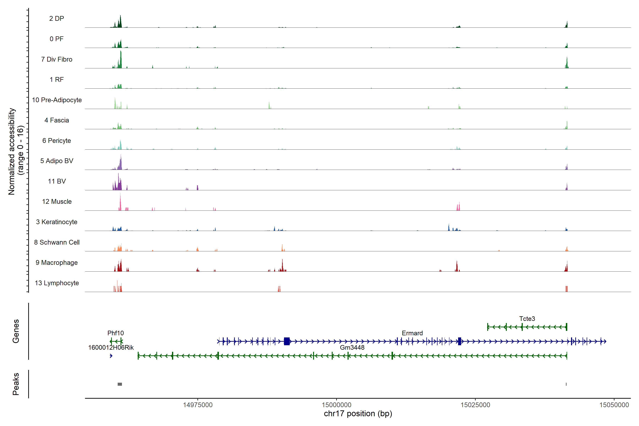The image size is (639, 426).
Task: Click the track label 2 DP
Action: click(56, 18)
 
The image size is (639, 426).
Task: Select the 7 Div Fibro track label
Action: click(56, 59)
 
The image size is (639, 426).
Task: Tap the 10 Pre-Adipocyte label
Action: click(57, 100)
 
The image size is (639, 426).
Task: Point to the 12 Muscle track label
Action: click(57, 202)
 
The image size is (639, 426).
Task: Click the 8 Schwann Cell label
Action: click(57, 242)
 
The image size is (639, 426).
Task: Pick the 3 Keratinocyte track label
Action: click(56, 222)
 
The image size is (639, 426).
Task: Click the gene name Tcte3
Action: click(527, 319)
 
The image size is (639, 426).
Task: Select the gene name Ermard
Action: click(412, 333)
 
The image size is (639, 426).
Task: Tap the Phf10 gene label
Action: click(116, 333)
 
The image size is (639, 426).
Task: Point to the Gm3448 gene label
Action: click(352, 348)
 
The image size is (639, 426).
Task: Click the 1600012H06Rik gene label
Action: click(111, 348)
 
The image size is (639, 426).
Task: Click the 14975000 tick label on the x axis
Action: click(198, 405)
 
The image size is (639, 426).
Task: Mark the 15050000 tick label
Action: click(614, 405)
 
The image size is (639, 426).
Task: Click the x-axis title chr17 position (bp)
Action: click(358, 414)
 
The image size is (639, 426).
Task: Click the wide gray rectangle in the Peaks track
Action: click(120, 384)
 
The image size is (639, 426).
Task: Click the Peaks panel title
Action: click(16, 384)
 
